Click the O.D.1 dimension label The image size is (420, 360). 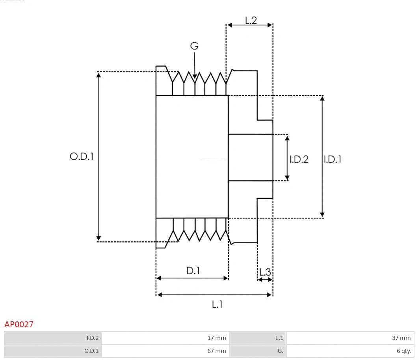click(82, 157)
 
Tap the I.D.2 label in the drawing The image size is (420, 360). click(299, 159)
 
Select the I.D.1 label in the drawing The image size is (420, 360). click(333, 159)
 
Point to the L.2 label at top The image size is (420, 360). click(251, 20)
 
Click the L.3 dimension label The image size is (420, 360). click(265, 272)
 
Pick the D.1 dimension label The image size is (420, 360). click(193, 271)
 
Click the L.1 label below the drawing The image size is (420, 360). click(217, 304)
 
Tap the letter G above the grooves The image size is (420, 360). click(194, 46)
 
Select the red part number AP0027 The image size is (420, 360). click(19, 325)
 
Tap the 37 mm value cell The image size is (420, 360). click(350, 338)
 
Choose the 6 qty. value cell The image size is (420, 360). click(350, 351)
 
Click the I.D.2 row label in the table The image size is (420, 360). click(53, 338)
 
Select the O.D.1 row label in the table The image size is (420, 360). click(53, 351)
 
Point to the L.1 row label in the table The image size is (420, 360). click(258, 338)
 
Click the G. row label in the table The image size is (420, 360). click(258, 351)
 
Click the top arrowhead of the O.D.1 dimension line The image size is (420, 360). click(98, 75)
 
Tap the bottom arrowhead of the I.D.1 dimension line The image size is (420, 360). click(322, 215)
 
